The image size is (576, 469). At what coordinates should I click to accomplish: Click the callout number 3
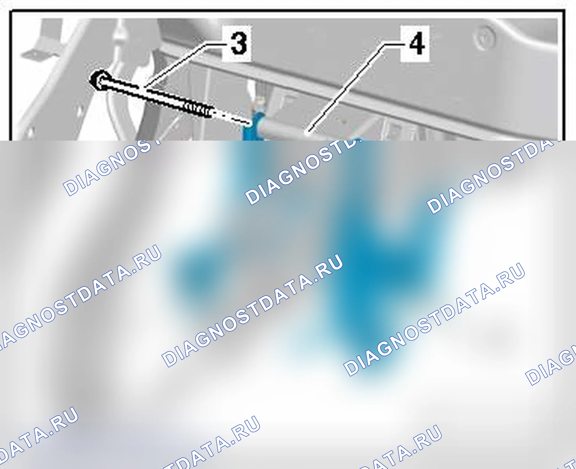[239, 43]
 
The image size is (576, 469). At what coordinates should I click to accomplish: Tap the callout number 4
[417, 44]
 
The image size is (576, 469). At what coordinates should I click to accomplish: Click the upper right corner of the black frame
[564, 11]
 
